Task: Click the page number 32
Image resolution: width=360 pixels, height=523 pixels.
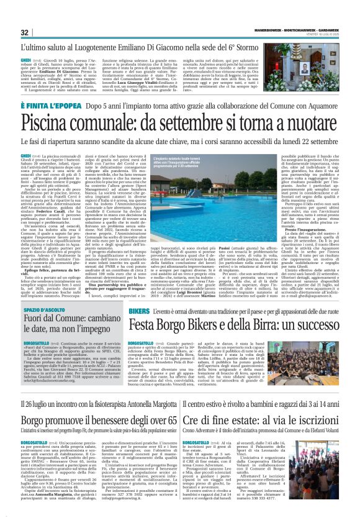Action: pyautogui.click(x=25, y=32)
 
